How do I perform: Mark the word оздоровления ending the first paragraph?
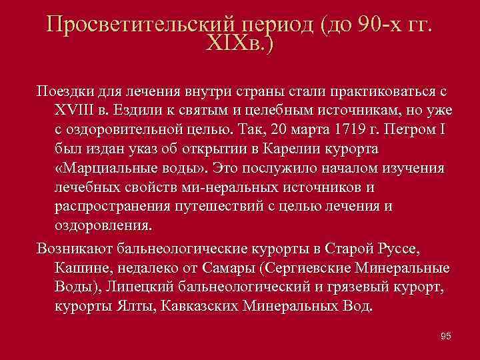pyautogui.click(x=104, y=225)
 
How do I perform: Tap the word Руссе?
pyautogui.click(x=396, y=251)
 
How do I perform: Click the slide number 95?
pyautogui.click(x=446, y=336)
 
